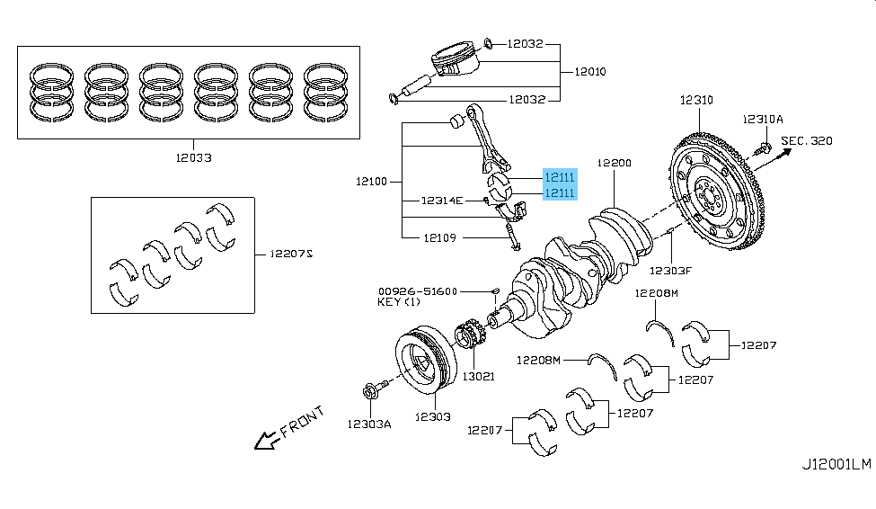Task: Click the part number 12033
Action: point(194,157)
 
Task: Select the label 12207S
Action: point(291,254)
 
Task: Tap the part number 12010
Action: point(590,72)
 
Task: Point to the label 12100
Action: point(371,182)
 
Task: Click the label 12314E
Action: point(442,201)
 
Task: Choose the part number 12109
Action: point(439,237)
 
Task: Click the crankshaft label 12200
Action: point(614,163)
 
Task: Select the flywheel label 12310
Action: point(696,100)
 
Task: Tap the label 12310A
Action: point(763,119)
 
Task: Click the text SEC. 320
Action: point(806,141)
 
